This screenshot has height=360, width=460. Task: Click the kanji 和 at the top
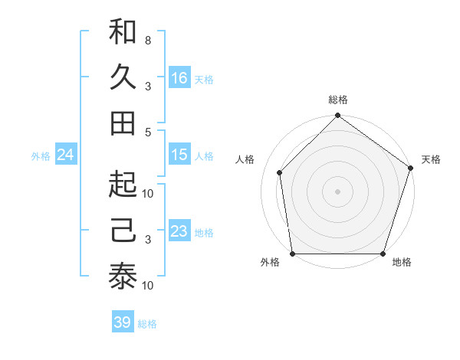123,32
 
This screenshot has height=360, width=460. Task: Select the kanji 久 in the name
123,77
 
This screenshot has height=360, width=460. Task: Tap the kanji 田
123,123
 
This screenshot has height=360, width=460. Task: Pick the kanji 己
123,231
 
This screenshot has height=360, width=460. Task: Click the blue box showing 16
179,78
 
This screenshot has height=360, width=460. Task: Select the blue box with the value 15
179,155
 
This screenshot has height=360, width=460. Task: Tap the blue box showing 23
179,231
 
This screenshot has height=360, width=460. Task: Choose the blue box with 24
66,155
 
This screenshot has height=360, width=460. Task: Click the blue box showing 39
123,322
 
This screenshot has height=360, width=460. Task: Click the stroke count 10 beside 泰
149,285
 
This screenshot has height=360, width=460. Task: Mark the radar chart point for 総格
337,116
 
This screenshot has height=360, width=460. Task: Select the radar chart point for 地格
383,254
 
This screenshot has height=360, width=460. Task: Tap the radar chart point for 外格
292,254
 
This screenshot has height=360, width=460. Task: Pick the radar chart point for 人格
280,172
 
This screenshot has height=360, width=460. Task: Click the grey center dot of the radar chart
337,191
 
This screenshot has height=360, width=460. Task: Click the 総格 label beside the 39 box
147,324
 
